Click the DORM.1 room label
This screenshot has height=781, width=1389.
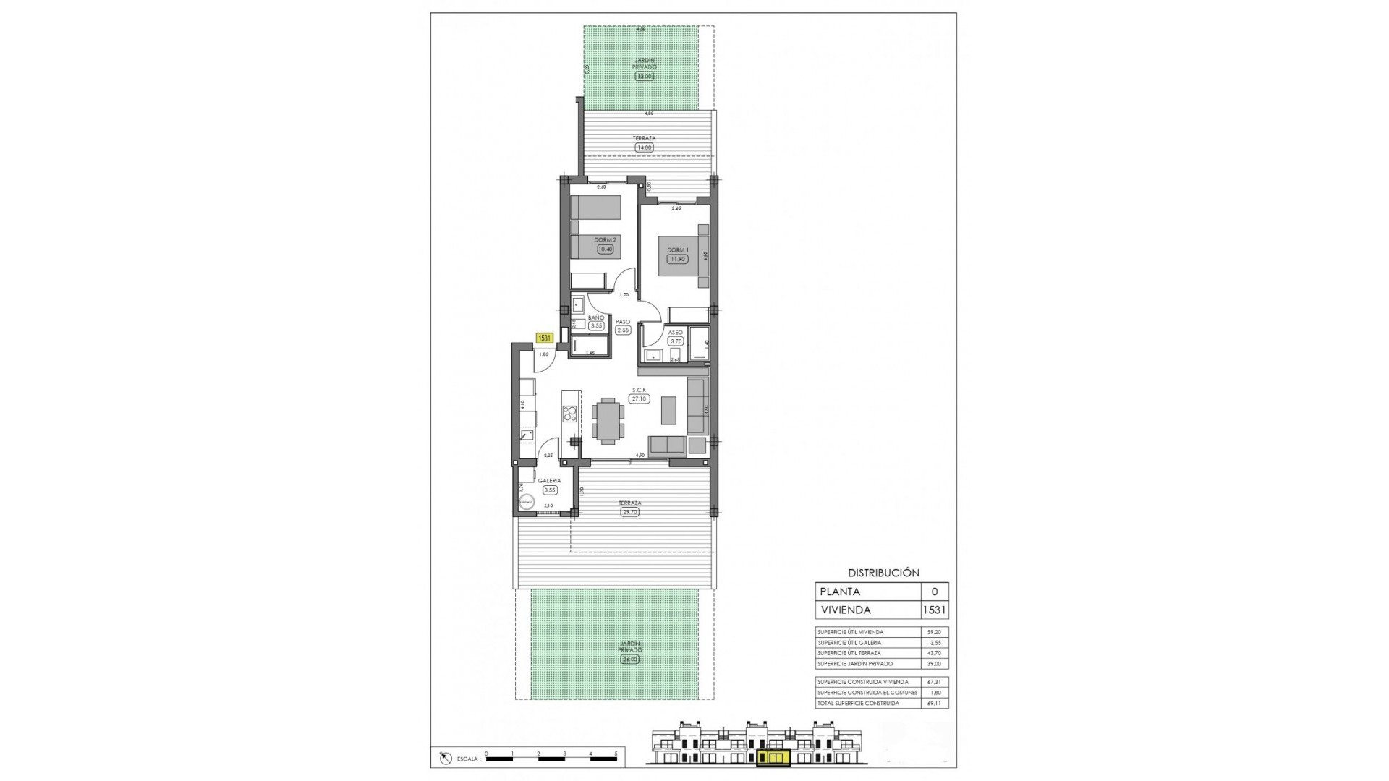(677, 250)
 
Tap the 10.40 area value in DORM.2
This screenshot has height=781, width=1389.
(605, 249)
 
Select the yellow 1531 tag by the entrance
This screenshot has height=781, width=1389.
(544, 337)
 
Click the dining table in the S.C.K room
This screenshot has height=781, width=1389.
(608, 422)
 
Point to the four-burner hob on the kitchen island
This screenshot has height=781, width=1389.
(570, 414)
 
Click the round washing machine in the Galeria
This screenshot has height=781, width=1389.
(526, 500)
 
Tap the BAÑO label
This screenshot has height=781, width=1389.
(596, 317)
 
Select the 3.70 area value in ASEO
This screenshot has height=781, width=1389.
(676, 341)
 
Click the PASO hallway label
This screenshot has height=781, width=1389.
(622, 322)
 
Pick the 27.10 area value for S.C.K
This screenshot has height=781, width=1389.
(639, 398)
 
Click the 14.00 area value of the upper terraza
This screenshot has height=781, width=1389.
(643, 148)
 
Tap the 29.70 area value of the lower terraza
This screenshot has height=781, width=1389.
(630, 512)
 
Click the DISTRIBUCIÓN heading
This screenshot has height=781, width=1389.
(883, 573)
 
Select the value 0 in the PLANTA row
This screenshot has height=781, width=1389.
(934, 592)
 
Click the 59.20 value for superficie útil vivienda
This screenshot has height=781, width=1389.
(934, 632)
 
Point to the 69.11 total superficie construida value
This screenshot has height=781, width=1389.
(934, 703)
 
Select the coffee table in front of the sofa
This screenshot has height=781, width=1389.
(668, 410)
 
